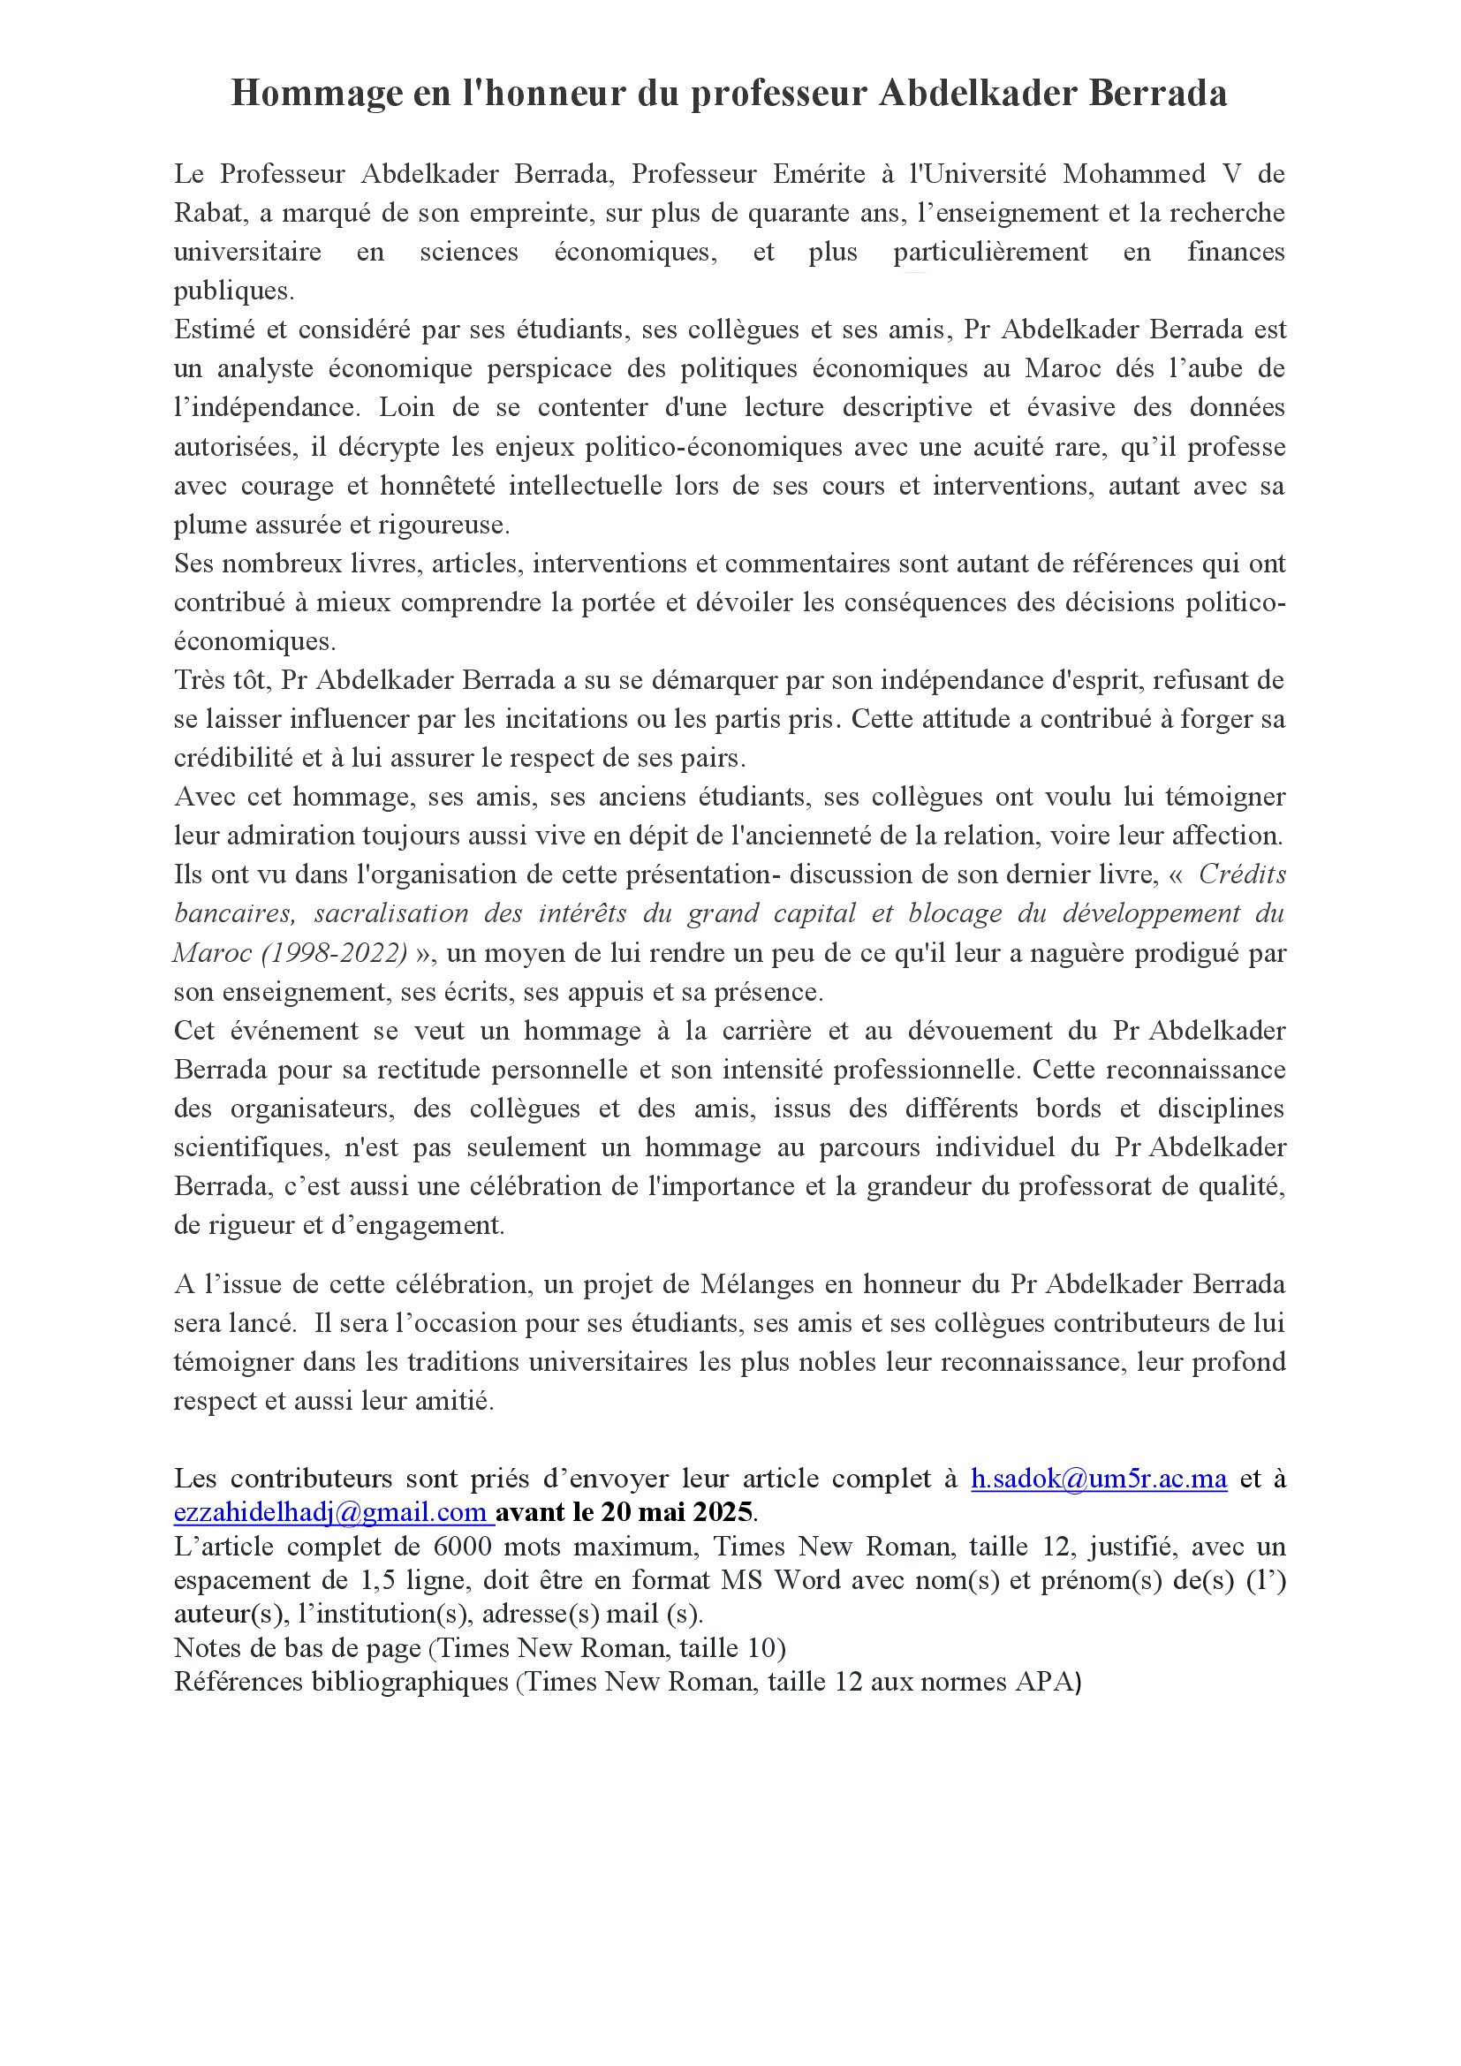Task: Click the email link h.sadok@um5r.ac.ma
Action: click(1099, 1479)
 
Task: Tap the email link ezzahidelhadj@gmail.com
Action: click(332, 1511)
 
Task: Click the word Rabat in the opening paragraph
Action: click(207, 213)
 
